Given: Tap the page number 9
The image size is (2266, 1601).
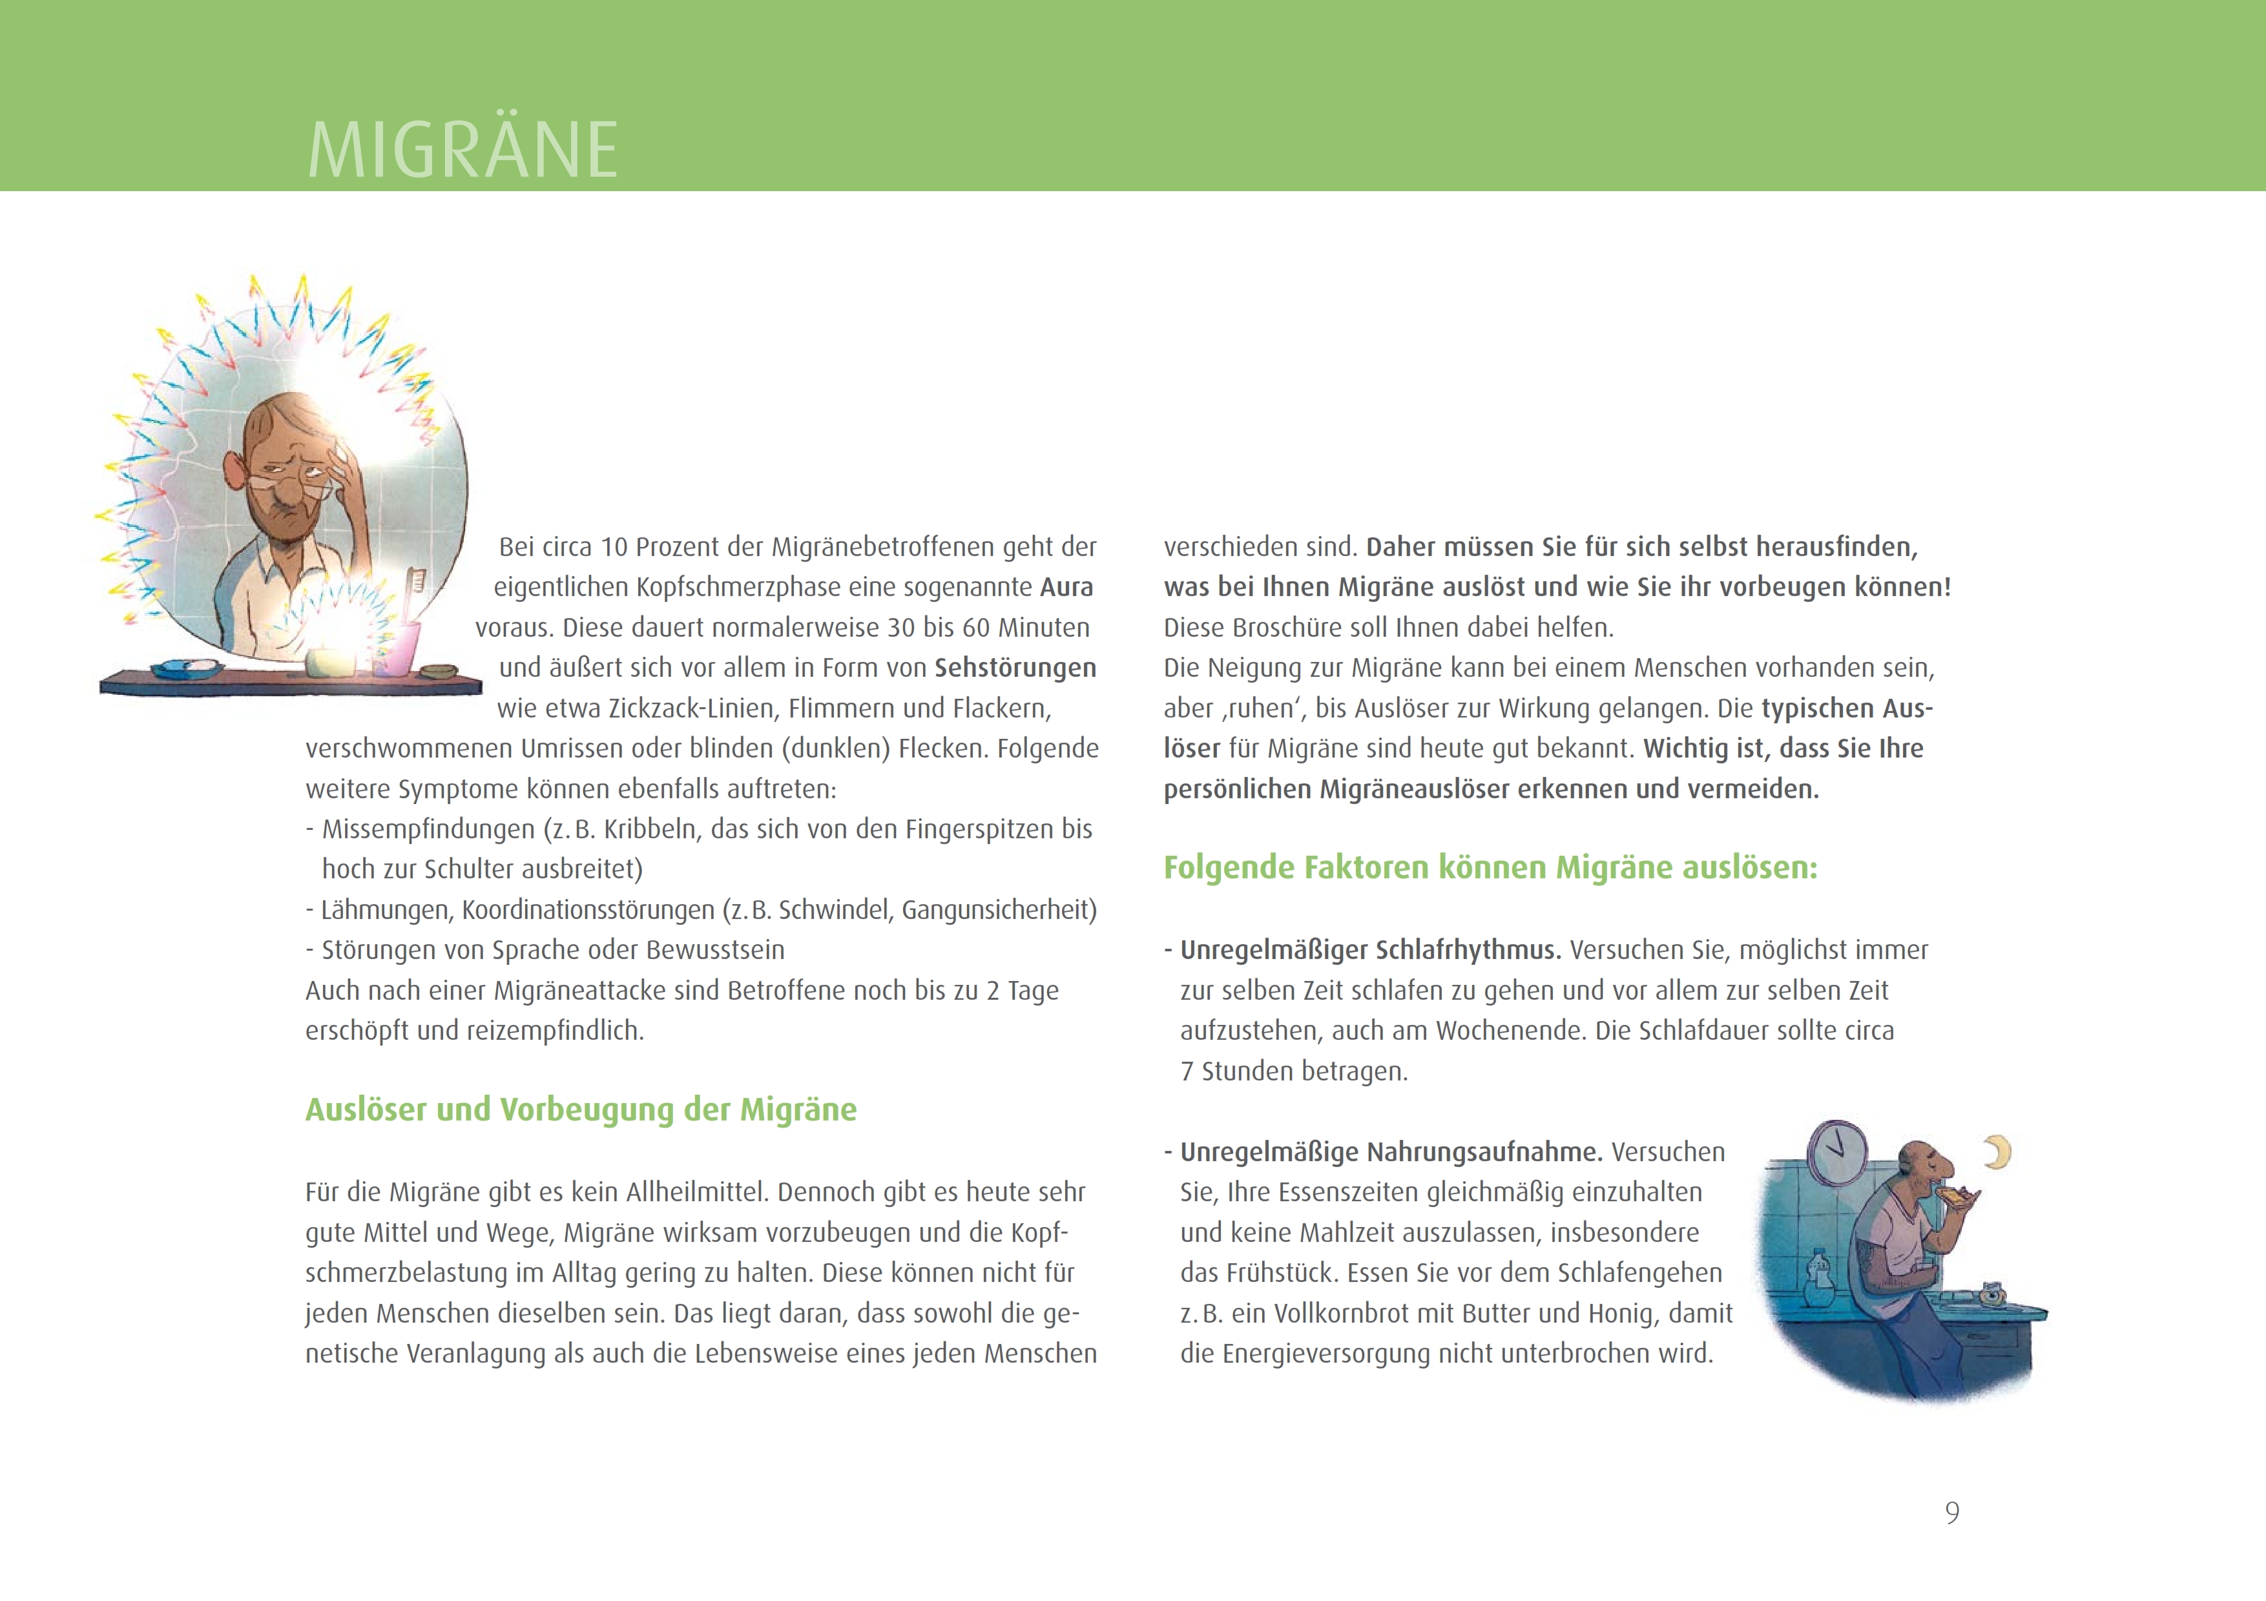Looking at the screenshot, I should point(1951,1513).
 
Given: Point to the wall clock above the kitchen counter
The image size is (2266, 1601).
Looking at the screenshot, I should point(1836,1151).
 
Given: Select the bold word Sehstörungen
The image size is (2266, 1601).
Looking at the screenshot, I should point(1015,668).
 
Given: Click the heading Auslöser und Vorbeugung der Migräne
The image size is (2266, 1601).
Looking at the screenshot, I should point(580,1110).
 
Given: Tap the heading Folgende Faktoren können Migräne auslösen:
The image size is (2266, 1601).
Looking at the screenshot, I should point(1490,868).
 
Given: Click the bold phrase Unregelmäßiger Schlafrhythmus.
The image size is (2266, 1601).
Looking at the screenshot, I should point(1370,950).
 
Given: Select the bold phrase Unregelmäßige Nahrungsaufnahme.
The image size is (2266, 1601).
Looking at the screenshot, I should point(1391,1152).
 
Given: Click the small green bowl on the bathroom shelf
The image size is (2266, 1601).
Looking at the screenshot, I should point(439,672).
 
